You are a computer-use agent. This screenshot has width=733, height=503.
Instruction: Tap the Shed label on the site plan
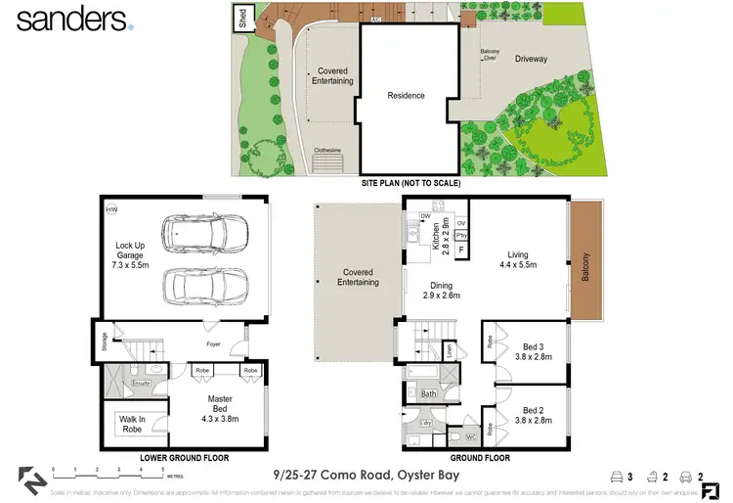[241, 17]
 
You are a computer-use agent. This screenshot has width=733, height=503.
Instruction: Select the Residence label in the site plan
[406, 95]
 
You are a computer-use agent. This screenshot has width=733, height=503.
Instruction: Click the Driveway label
[532, 60]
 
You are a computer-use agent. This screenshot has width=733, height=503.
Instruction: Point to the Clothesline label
[327, 150]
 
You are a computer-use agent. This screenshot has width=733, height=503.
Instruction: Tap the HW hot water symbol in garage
[111, 210]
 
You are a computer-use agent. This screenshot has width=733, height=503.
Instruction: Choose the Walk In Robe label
[132, 424]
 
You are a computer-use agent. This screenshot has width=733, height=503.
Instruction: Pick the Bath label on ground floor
[428, 394]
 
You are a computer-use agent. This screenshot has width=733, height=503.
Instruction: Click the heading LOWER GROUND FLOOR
[184, 457]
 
